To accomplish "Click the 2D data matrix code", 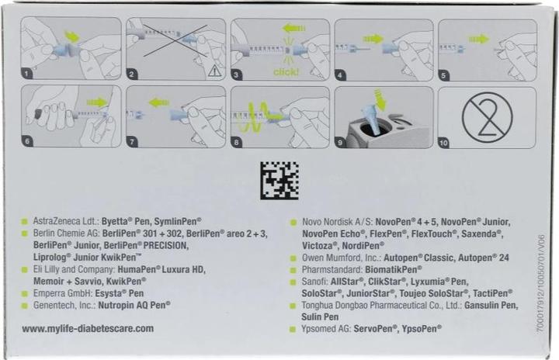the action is point(279,180).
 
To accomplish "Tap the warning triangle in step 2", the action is point(214,72).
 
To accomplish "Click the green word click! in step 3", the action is point(286,72).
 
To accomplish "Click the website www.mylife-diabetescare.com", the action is point(88,329).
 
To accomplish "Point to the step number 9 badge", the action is point(340,143).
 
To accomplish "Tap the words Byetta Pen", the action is point(126,221).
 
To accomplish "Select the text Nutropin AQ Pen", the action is point(134,305).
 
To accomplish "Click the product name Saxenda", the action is point(482,234).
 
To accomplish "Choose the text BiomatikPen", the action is point(393,269).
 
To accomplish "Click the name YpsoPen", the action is point(422,329).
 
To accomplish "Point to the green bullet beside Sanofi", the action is point(293,282).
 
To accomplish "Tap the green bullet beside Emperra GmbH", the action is point(25,294).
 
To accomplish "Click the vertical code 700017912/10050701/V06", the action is point(541,284).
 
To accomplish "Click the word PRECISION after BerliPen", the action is point(166,246).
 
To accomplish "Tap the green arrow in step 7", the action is point(158,103).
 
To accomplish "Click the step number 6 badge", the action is point(27,141).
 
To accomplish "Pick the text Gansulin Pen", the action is point(491,305).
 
